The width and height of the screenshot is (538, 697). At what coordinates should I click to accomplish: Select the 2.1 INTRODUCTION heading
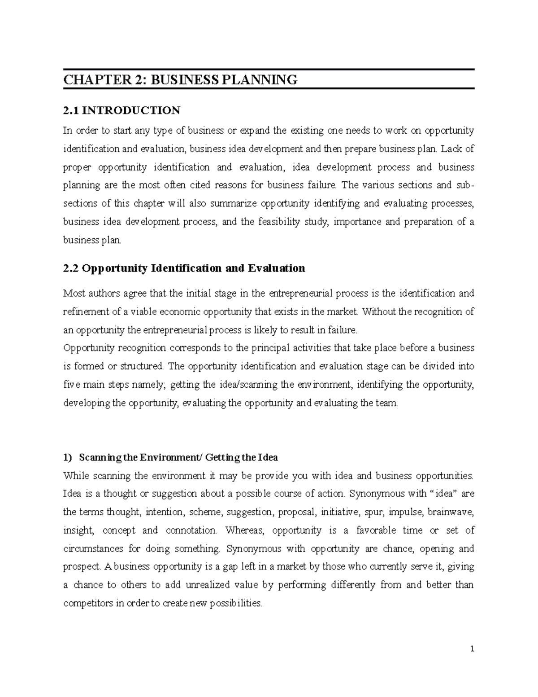pos(121,110)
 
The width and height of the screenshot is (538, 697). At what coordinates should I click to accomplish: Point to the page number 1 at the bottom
pos(472,649)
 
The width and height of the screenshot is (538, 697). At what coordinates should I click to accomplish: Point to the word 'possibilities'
pos(236,603)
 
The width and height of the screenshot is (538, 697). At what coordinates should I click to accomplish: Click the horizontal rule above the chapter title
pos(269,70)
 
